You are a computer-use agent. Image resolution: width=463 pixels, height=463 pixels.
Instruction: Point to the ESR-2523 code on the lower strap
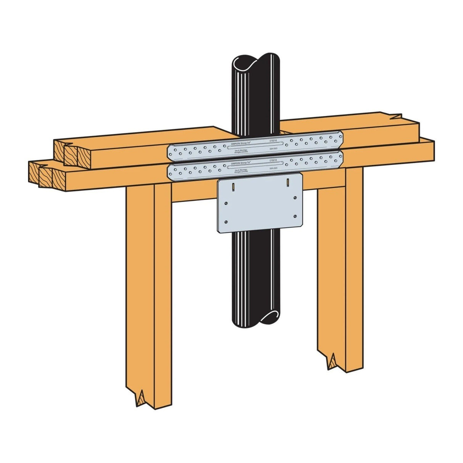pyautogui.click(x=273, y=168)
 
